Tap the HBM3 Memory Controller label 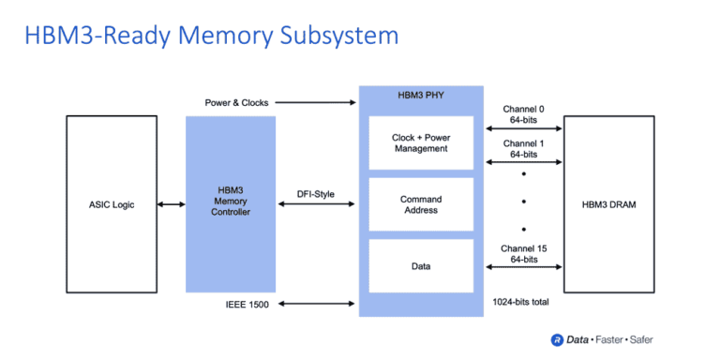231,204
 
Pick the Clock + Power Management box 421,143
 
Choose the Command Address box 421,205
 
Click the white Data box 421,266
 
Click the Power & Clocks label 234,102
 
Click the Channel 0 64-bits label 523,113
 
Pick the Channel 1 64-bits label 523,149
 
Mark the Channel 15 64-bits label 523,253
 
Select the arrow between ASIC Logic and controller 172,204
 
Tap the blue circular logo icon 557,339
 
